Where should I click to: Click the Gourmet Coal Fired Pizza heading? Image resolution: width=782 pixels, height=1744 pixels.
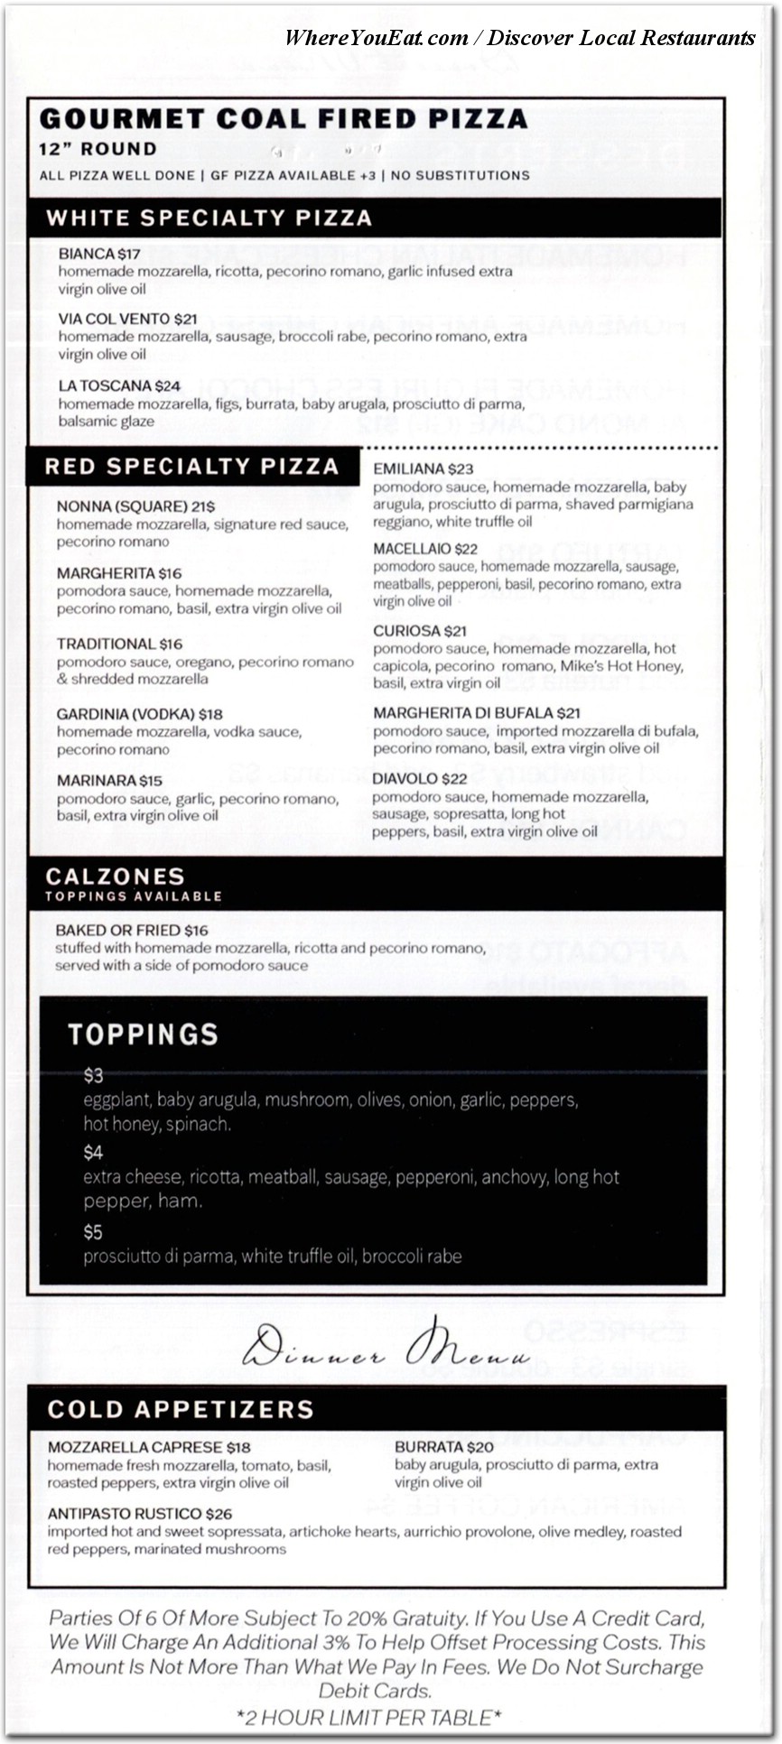pyautogui.click(x=284, y=119)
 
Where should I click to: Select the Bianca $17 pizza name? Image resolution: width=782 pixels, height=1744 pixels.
pyautogui.click(x=99, y=254)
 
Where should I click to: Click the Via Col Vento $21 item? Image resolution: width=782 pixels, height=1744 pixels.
pyautogui.click(x=127, y=319)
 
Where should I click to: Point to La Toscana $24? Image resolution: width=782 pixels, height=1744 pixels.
pyautogui.click(x=119, y=385)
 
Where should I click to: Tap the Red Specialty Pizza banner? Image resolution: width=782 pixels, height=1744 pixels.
pyautogui.click(x=191, y=466)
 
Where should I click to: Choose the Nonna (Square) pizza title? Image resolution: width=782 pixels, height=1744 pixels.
pyautogui.click(x=135, y=506)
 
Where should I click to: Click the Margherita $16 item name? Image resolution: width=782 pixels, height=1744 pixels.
pyautogui.click(x=119, y=573)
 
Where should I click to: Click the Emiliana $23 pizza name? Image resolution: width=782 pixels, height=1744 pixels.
pyautogui.click(x=423, y=468)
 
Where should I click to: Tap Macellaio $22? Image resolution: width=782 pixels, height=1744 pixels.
pyautogui.click(x=425, y=549)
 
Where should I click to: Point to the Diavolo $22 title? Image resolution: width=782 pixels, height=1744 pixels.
pyautogui.click(x=420, y=778)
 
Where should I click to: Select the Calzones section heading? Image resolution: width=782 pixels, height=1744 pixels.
pyautogui.click(x=115, y=876)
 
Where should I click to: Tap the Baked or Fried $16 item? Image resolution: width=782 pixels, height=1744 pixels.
pyautogui.click(x=132, y=930)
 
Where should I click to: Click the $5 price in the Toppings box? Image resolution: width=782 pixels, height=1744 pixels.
pyautogui.click(x=93, y=1232)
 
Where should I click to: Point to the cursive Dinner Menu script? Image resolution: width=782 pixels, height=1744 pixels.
pyautogui.click(x=386, y=1347)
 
